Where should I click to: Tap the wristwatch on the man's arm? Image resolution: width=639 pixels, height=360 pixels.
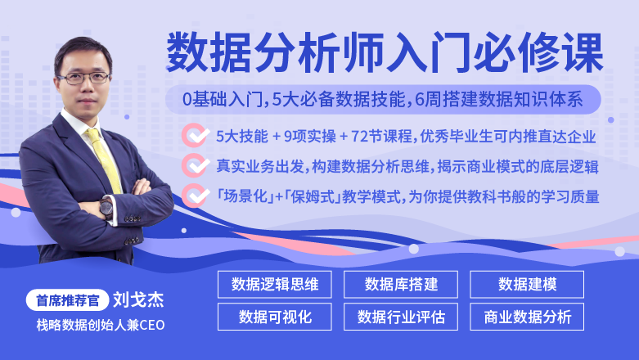coord(106,208)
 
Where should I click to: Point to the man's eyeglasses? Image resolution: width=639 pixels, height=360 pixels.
coord(84,78)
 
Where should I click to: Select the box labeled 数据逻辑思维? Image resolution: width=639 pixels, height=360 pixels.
coord(275,284)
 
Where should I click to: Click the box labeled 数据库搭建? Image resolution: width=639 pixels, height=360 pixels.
coord(401,284)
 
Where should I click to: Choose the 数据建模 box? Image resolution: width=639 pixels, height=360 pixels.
coord(527,284)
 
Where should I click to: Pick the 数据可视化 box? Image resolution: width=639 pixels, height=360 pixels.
coord(275,317)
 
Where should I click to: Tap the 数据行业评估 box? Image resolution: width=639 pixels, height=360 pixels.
coord(401,317)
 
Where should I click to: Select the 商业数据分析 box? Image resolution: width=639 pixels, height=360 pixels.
coord(527,317)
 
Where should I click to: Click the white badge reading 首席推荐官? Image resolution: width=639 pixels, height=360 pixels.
coord(68,300)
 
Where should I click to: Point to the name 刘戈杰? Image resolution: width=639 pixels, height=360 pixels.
coord(138,300)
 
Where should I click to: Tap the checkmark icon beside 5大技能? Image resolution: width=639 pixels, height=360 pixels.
coord(196,135)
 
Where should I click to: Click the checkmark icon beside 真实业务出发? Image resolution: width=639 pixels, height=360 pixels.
coord(196,165)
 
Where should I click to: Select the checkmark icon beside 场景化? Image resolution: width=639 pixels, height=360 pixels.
coord(196,196)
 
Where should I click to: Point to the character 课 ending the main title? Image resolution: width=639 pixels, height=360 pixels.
coord(582,52)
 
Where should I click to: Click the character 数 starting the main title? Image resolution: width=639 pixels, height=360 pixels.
coord(188,52)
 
